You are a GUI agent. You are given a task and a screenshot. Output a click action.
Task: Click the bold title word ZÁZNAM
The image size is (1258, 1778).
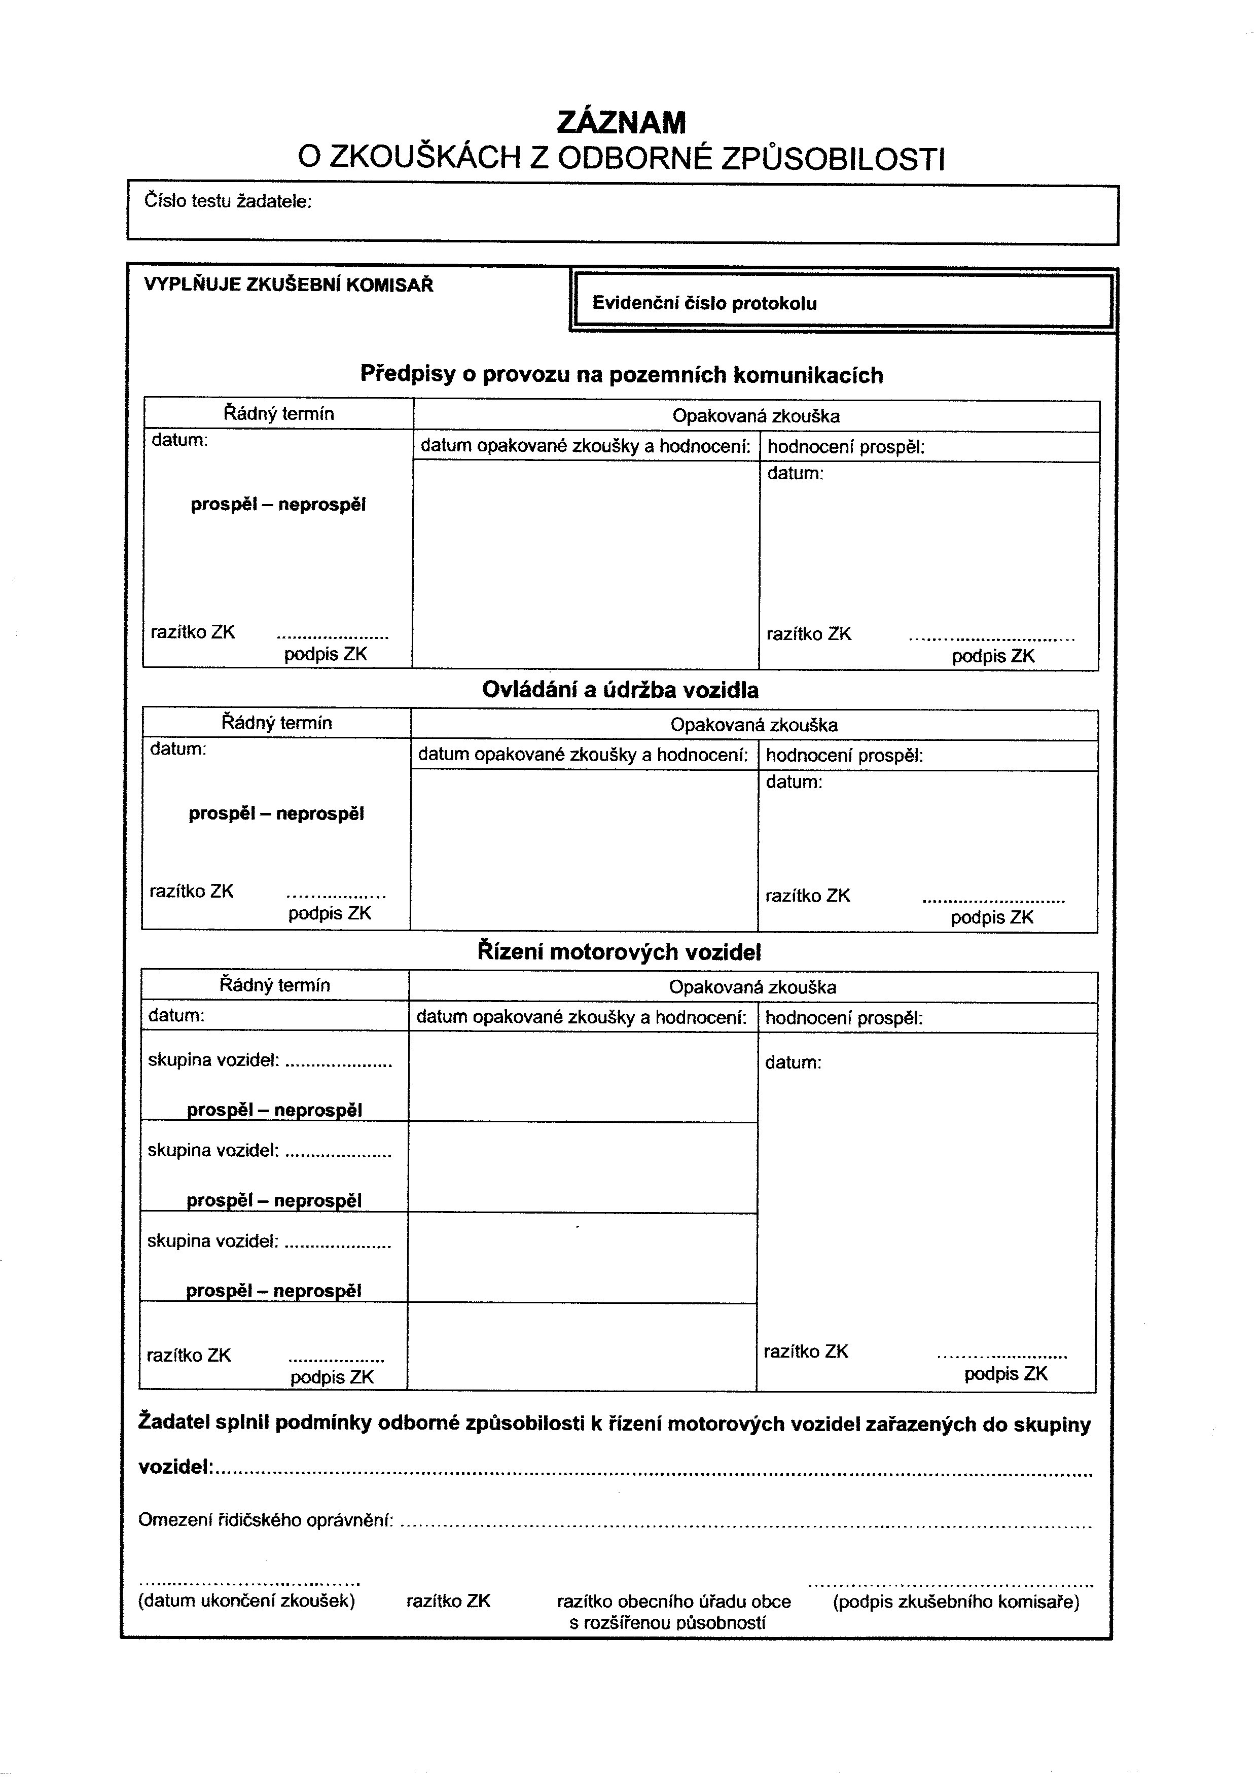[x=621, y=122]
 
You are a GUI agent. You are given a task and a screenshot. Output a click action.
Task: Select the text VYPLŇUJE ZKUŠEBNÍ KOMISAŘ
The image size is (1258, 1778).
[x=288, y=285]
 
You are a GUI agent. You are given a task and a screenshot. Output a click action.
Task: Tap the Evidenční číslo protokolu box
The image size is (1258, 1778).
[x=841, y=303]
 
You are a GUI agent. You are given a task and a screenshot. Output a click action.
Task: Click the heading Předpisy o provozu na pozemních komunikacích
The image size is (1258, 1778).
[x=621, y=375]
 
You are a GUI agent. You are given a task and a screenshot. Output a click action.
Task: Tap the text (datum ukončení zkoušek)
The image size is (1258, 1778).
[x=246, y=1601]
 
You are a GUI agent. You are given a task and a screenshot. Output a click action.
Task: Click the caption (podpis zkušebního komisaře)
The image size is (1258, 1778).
[x=956, y=1601]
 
